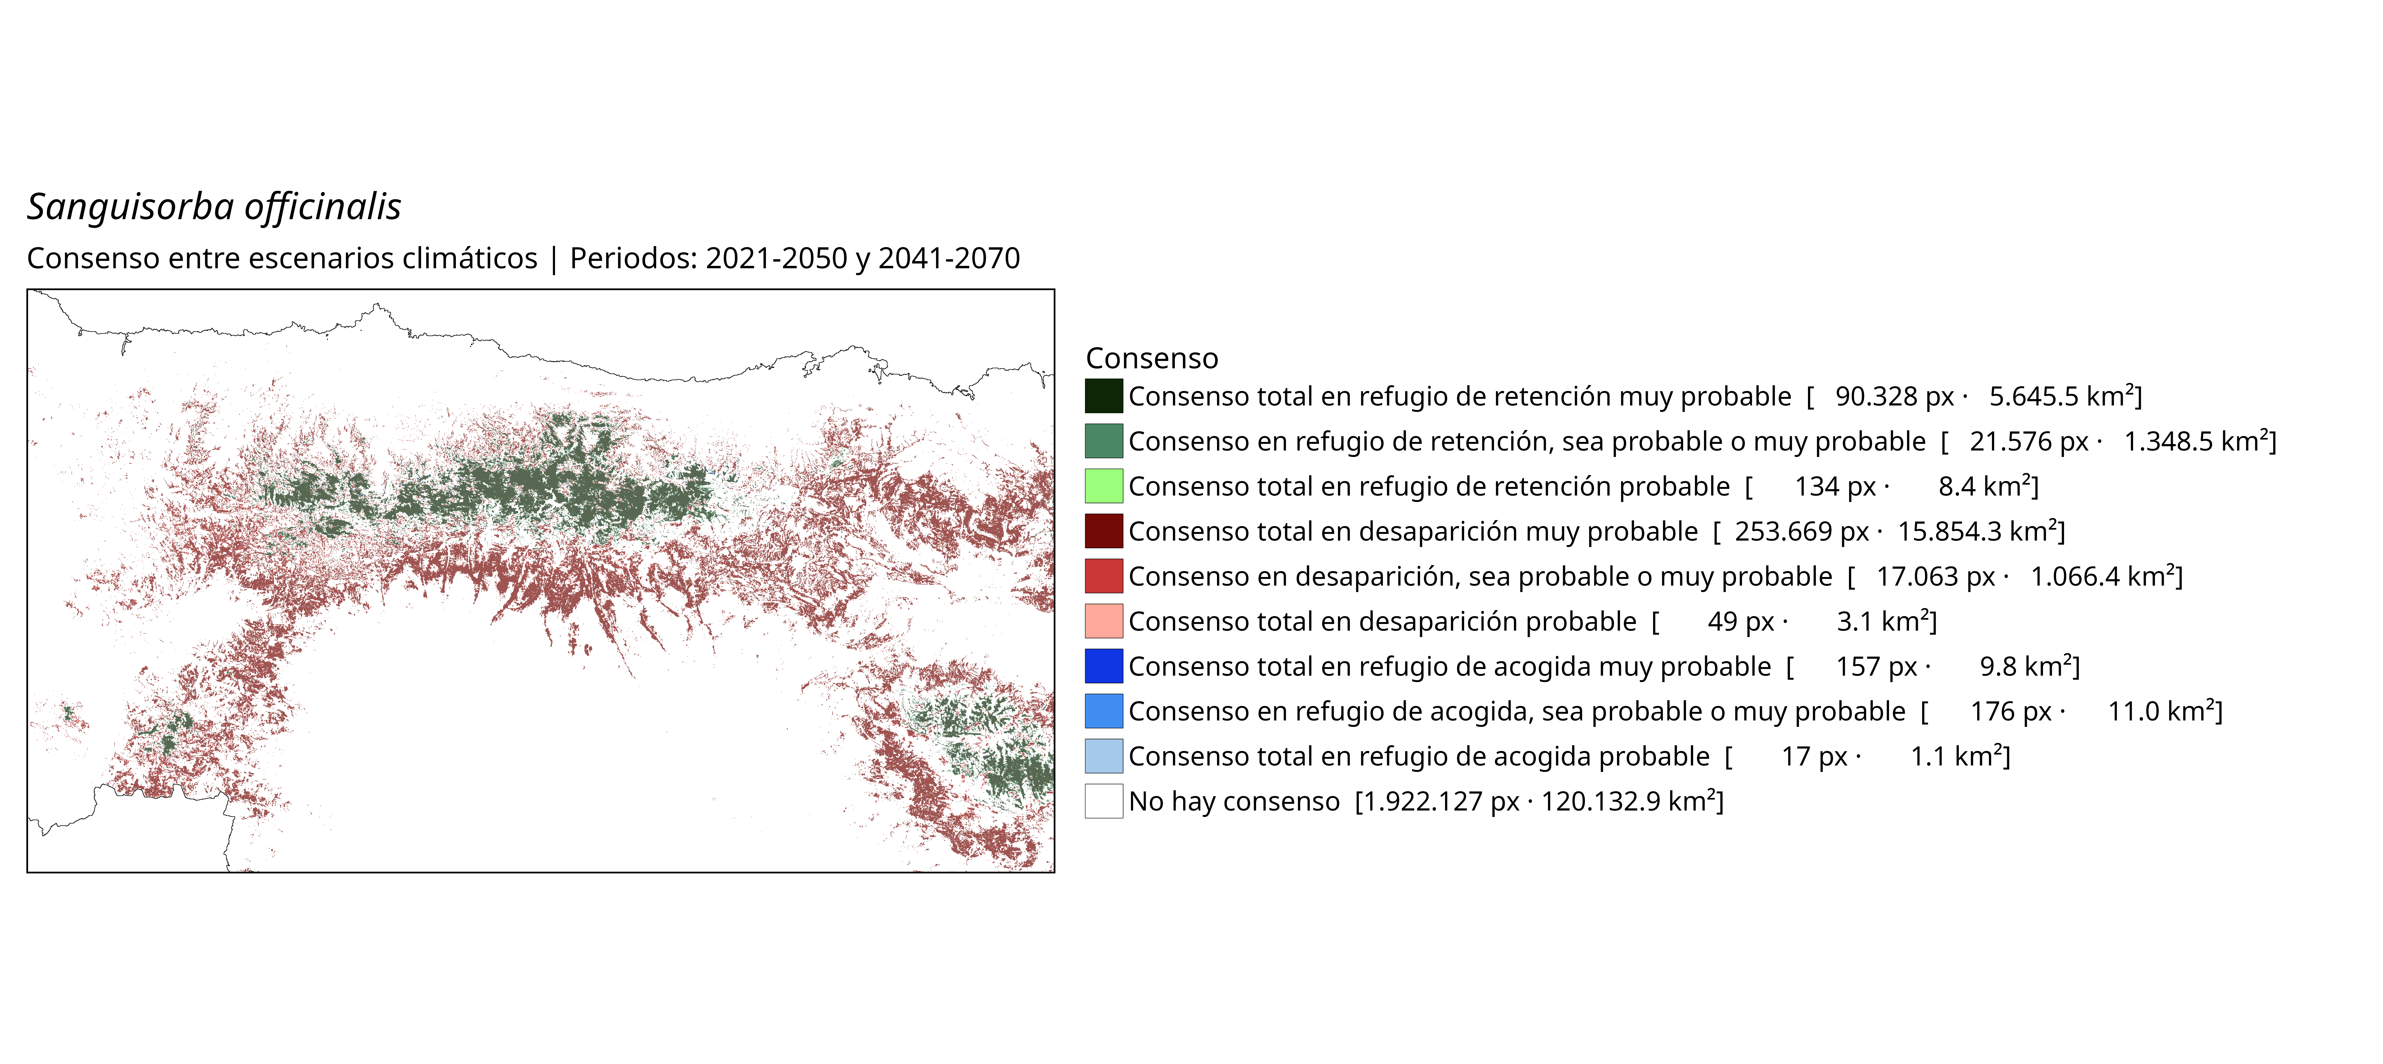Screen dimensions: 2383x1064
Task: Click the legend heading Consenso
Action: pyautogui.click(x=1152, y=358)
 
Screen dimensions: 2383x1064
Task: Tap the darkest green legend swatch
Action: pyautogui.click(x=1104, y=396)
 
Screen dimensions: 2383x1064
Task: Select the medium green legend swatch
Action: pyautogui.click(x=1104, y=441)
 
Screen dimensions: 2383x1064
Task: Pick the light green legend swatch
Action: pyautogui.click(x=1104, y=486)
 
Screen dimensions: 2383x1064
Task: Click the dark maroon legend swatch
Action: pyautogui.click(x=1104, y=531)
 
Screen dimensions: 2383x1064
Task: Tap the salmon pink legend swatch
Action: pyautogui.click(x=1104, y=621)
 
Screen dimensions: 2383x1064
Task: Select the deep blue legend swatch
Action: pyautogui.click(x=1104, y=666)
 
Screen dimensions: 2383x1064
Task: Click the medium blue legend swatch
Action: pyautogui.click(x=1104, y=711)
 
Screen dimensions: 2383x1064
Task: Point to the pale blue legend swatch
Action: pyautogui.click(x=1104, y=756)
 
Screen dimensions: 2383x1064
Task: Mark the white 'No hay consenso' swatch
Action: pyautogui.click(x=1104, y=801)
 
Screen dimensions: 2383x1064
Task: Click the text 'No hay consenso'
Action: pyautogui.click(x=1234, y=801)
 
